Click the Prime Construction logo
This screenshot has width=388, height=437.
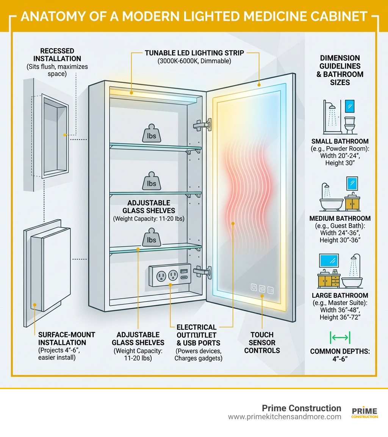tap(365, 413)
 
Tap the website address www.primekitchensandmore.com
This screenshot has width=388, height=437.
tap(285, 417)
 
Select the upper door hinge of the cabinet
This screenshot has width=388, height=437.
tap(202, 125)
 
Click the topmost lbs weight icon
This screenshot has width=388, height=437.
tap(151, 134)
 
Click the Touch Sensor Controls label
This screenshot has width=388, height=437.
tap(262, 342)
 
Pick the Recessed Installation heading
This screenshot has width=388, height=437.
tap(57, 55)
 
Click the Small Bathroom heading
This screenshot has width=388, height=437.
tap(339, 142)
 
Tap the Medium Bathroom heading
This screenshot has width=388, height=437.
tap(340, 218)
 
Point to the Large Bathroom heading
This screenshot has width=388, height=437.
tap(340, 295)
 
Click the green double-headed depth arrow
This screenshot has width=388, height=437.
tap(340, 337)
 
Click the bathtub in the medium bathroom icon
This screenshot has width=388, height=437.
tap(331, 203)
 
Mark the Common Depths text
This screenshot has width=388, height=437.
tap(340, 355)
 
